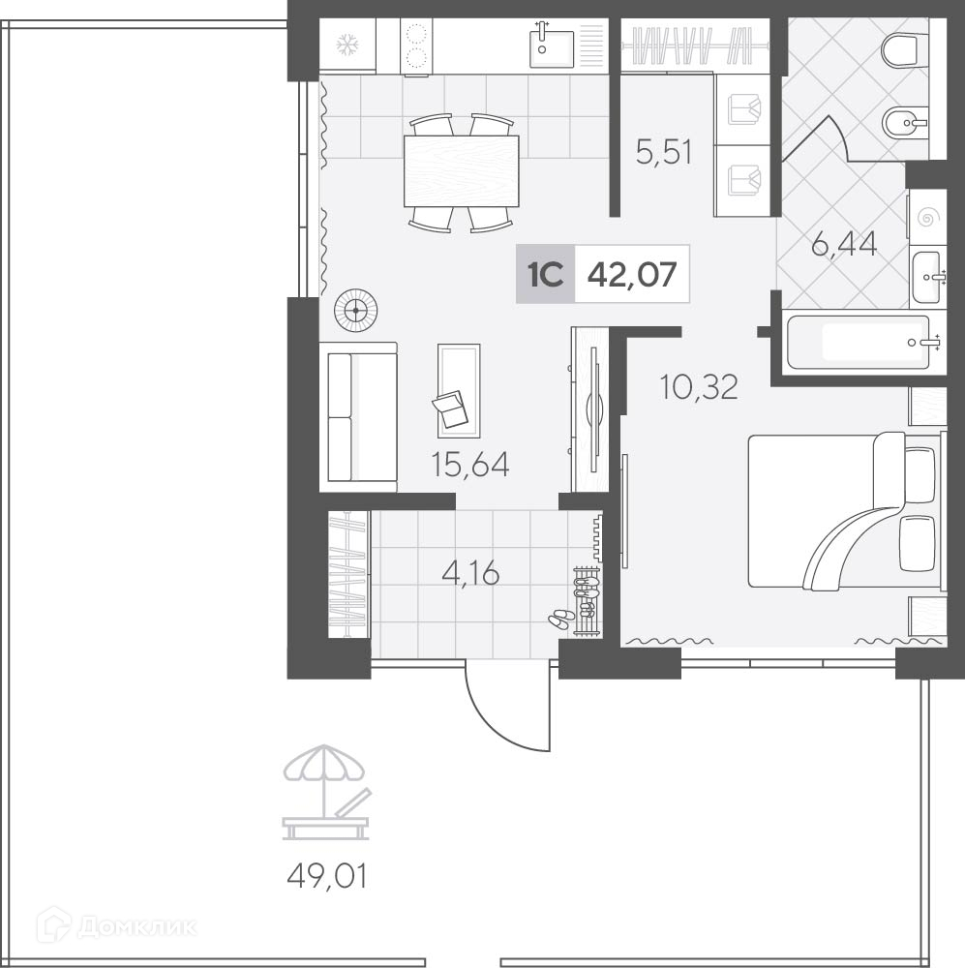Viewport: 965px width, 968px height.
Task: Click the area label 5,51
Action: [x=664, y=152]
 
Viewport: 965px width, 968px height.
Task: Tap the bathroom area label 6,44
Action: [x=844, y=244]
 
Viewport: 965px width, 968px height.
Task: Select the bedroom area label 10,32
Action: [x=699, y=387]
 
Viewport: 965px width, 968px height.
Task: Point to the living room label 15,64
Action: [x=470, y=465]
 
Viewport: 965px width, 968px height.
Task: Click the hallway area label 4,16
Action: [x=470, y=574]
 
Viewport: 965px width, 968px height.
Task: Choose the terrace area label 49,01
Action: [x=327, y=875]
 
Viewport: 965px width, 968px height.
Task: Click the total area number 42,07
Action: [x=632, y=274]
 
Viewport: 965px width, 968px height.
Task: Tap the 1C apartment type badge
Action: [x=546, y=274]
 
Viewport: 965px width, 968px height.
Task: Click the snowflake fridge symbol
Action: [x=347, y=45]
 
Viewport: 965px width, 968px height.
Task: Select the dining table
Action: [x=461, y=171]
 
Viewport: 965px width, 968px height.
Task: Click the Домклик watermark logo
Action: [x=116, y=926]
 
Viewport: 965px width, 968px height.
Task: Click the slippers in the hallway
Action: [x=560, y=619]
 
